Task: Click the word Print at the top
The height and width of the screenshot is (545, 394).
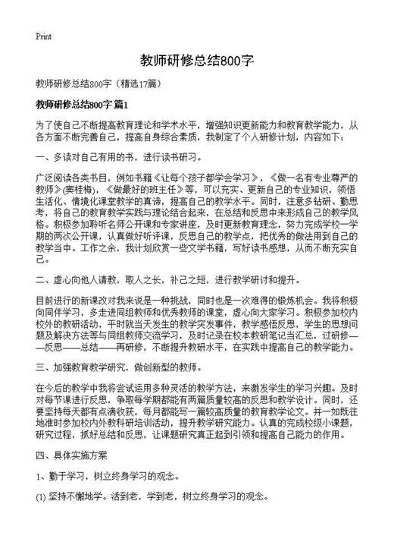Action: (43, 36)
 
